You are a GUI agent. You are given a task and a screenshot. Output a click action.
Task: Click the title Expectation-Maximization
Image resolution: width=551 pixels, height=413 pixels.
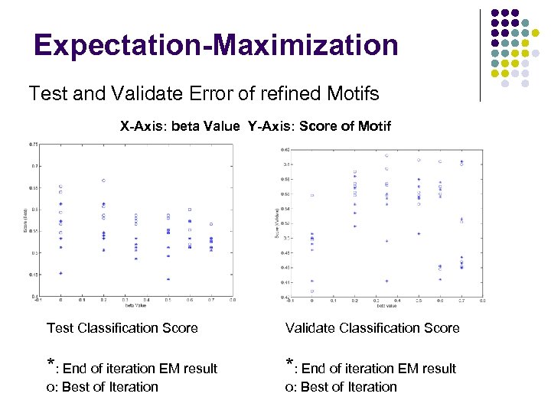click(216, 45)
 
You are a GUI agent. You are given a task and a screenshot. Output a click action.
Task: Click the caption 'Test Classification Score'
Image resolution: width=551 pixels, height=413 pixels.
click(122, 328)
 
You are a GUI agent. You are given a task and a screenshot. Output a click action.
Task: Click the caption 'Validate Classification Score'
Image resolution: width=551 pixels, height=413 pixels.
click(372, 328)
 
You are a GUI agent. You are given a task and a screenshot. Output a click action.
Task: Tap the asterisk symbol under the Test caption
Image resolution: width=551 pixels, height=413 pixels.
click(51, 364)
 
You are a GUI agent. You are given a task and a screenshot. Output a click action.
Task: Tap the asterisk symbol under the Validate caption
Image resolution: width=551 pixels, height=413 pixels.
click(289, 364)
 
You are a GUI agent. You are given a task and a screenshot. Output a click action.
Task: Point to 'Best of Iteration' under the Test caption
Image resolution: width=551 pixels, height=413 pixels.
click(109, 387)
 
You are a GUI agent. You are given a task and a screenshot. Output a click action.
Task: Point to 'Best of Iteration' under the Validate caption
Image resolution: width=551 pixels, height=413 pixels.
click(348, 387)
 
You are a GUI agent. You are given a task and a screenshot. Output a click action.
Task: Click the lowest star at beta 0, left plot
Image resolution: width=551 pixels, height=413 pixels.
click(60, 273)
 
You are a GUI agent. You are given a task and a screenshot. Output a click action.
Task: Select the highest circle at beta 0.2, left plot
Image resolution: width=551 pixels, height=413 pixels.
click(103, 180)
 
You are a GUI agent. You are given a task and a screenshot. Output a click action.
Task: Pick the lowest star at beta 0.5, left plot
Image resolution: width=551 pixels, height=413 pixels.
click(168, 279)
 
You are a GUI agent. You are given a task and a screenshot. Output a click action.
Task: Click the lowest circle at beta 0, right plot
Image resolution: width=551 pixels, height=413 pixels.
click(311, 291)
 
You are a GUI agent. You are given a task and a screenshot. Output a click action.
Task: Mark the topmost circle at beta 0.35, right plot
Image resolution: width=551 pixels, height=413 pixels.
click(386, 155)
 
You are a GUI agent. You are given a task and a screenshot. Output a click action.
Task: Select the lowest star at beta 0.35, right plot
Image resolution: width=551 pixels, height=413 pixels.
click(386, 281)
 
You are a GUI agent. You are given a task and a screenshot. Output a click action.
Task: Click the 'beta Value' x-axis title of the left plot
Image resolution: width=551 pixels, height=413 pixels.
click(136, 304)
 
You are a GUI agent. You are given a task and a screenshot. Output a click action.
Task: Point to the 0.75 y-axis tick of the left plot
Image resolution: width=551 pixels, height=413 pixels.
click(34, 144)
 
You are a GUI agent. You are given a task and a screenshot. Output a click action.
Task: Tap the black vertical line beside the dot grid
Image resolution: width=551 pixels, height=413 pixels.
click(480, 54)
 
